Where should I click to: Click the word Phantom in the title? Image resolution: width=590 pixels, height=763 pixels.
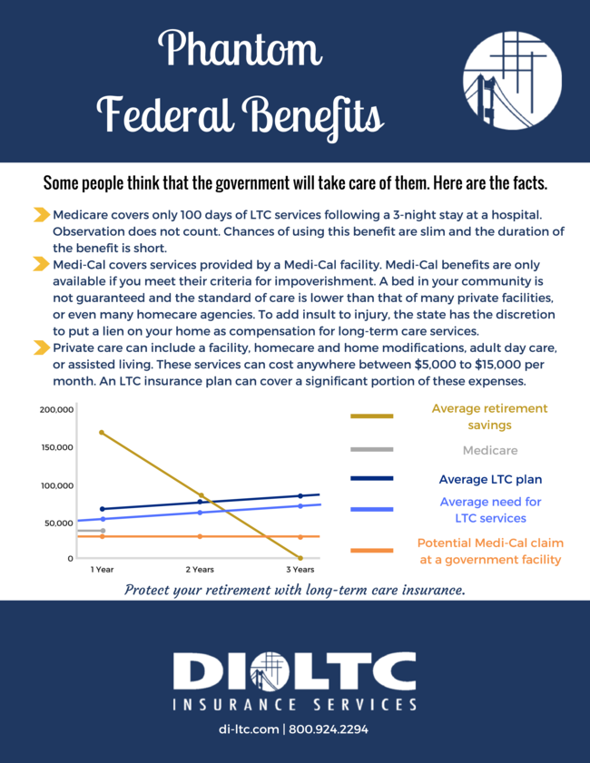pos(241,47)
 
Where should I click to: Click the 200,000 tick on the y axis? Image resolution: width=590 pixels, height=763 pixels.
pos(56,409)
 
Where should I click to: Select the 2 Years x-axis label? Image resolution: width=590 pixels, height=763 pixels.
pos(200,570)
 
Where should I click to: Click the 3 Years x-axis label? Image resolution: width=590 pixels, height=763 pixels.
pos(300,570)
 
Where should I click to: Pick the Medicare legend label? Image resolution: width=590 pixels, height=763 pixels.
pos(489,450)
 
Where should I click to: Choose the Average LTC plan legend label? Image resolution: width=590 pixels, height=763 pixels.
pos(489,479)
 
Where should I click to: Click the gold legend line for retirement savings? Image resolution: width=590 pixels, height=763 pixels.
pos(372,416)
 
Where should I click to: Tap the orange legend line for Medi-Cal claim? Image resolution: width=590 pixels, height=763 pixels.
pos(372,551)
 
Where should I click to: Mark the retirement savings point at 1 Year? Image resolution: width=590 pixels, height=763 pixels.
pos(102,433)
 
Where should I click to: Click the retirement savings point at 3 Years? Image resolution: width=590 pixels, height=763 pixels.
pos(300,557)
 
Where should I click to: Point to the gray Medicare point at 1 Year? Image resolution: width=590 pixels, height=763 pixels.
pos(102,531)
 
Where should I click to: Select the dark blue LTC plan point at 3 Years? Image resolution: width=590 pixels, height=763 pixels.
pos(300,495)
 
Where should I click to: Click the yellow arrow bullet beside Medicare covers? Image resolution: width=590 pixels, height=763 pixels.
pos(41,215)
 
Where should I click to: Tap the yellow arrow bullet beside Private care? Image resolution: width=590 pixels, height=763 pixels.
pos(41,347)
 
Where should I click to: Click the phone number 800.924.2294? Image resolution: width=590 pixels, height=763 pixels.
pos(328,729)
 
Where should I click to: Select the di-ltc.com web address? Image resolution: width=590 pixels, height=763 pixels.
pos(249,729)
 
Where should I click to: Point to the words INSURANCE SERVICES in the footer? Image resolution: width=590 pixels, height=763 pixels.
pos(295,704)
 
